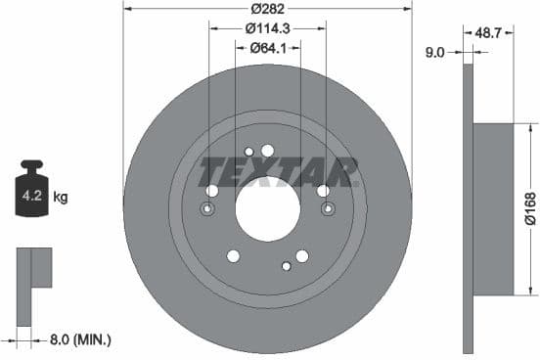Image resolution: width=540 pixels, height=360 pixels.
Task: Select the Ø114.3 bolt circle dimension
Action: click(x=267, y=29)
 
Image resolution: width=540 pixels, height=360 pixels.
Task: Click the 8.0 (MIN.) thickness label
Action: click(x=81, y=339)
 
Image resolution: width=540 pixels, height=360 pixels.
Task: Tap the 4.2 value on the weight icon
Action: click(x=31, y=196)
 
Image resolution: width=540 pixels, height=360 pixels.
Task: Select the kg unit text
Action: click(x=61, y=197)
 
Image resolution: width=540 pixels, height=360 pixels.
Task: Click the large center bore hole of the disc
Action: click(x=267, y=210)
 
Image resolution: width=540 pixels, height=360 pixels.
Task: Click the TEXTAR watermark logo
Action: click(x=279, y=171)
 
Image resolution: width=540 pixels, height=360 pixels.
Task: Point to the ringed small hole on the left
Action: click(x=207, y=209)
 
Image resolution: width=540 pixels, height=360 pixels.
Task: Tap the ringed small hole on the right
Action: click(x=327, y=209)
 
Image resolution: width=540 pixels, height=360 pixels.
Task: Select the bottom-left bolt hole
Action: click(x=233, y=256)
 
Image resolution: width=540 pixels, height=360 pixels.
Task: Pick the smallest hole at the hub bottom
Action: click(x=286, y=264)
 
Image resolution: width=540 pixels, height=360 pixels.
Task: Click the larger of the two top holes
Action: click(x=268, y=149)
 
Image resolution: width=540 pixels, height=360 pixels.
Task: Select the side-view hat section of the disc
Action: click(x=494, y=208)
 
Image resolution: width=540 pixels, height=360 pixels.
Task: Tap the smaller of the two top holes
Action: click(x=249, y=151)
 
